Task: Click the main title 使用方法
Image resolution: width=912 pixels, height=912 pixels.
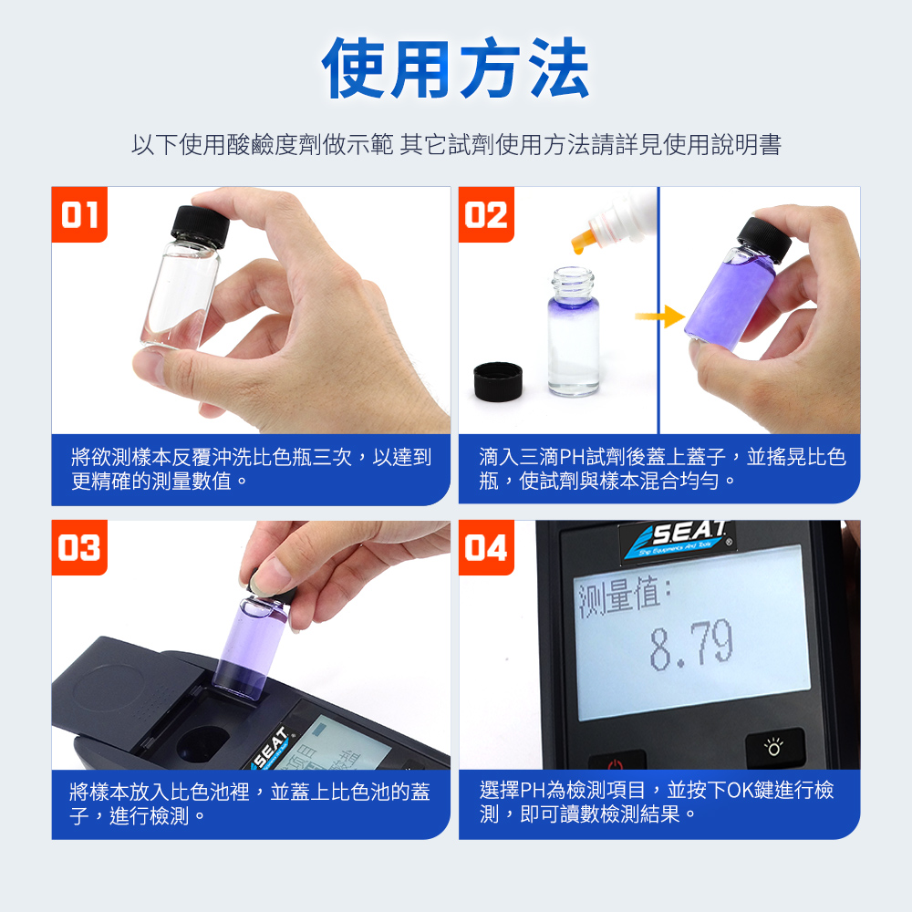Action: [x=455, y=68]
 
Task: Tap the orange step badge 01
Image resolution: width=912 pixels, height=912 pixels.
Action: [x=79, y=214]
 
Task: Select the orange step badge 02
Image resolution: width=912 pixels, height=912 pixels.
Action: [x=486, y=214]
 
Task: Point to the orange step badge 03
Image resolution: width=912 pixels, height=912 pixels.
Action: [x=79, y=548]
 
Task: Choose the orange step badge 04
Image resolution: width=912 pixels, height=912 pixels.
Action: [x=486, y=548]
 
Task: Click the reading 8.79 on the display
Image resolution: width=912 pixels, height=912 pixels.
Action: [x=691, y=645]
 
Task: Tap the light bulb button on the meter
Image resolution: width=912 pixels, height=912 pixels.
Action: [x=774, y=747]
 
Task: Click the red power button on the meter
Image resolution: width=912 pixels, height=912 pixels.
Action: [x=617, y=761]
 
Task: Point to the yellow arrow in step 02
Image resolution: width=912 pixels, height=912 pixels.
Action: [x=660, y=316]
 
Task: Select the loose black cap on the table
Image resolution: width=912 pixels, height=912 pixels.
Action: [x=498, y=381]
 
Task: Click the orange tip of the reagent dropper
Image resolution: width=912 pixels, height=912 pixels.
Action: [x=581, y=240]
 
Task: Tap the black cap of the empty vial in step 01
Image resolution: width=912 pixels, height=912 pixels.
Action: [x=200, y=226]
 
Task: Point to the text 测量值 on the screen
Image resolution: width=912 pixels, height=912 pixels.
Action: [x=625, y=597]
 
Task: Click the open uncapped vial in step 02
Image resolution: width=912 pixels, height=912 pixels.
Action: [x=574, y=332]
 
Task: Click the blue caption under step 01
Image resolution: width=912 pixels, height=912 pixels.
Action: [x=251, y=470]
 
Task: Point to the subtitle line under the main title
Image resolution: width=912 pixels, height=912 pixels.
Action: [x=456, y=145]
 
